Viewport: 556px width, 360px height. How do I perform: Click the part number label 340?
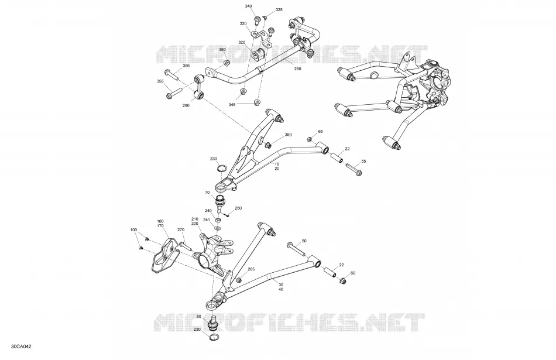pos(248,6)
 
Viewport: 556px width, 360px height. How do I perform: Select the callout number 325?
pos(279,10)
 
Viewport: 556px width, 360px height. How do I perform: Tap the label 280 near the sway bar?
pos(297,69)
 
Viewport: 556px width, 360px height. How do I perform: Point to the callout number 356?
pos(186,66)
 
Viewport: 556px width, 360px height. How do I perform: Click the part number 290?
pos(186,105)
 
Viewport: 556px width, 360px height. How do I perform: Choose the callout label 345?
pos(232,105)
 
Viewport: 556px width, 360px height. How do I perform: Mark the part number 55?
pos(363,162)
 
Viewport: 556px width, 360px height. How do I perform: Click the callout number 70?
pos(207,193)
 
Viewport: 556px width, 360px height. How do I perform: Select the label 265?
pos(251,269)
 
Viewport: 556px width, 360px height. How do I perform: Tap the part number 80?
pos(198,316)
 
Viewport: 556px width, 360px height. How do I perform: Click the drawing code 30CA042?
pos(21,347)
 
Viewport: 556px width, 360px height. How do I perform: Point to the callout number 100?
pos(133,230)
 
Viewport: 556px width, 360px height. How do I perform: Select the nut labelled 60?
pos(342,281)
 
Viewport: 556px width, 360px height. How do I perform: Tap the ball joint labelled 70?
pos(220,203)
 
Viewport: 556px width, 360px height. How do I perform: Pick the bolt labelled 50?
pos(297,249)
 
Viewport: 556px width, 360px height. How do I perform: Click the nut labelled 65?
pos(310,139)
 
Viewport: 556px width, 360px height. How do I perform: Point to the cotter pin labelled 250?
pos(227,214)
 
